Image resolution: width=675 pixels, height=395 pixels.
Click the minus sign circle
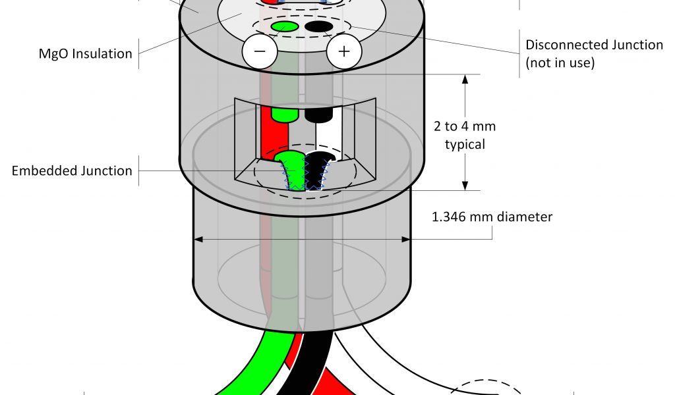[x=260, y=51]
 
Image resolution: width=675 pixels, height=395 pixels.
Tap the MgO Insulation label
[x=86, y=53]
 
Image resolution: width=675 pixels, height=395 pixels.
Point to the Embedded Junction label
[x=73, y=171]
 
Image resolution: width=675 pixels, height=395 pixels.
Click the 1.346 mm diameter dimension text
[x=492, y=216]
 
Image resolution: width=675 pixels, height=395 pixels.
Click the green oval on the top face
[x=285, y=26]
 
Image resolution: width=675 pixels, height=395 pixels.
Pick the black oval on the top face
[x=318, y=26]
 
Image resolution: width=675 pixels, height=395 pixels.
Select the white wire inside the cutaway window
[x=328, y=138]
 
